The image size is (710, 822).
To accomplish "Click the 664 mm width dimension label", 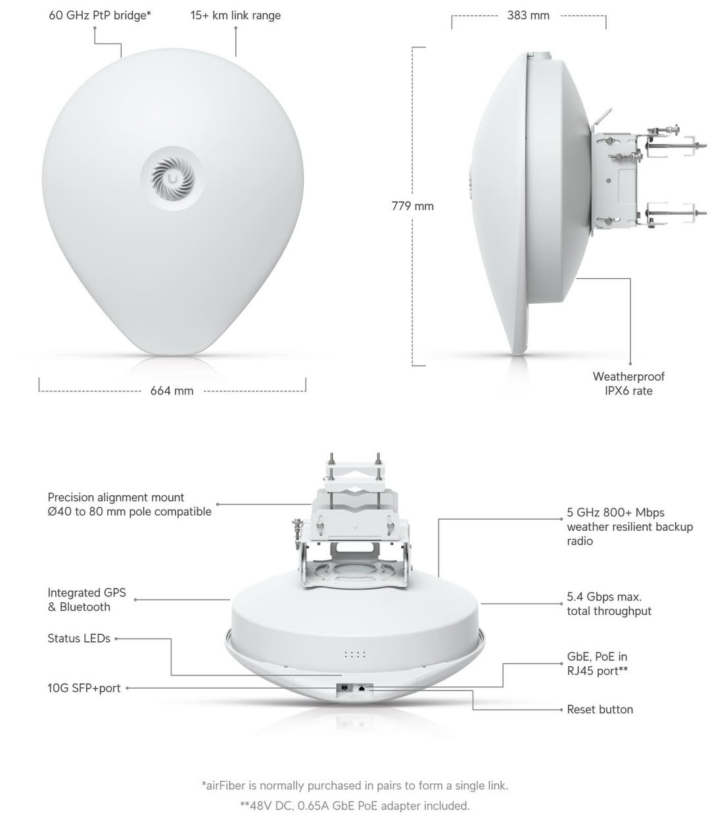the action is pos(172,391).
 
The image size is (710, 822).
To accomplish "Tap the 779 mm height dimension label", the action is pos(412,206).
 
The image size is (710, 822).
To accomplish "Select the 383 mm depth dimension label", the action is pos(528,16).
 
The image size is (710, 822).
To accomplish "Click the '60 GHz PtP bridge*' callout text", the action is pos(100,16).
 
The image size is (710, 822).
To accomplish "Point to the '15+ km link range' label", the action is pos(235,16).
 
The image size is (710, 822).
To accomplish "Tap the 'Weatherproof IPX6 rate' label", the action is pos(628,383).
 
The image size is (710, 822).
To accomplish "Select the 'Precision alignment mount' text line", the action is pos(116,497).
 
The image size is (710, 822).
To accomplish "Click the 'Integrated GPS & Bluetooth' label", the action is pos(87,600).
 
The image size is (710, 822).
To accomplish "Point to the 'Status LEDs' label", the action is pos(79,639).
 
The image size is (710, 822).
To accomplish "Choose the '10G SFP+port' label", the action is pos(84,688).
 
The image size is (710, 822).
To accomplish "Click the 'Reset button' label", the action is pos(600,710).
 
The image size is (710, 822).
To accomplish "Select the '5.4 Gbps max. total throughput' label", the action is pos(609,604).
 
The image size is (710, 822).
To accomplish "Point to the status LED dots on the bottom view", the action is pos(355,654).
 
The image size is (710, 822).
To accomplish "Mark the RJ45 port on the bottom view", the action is pos(362,688).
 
